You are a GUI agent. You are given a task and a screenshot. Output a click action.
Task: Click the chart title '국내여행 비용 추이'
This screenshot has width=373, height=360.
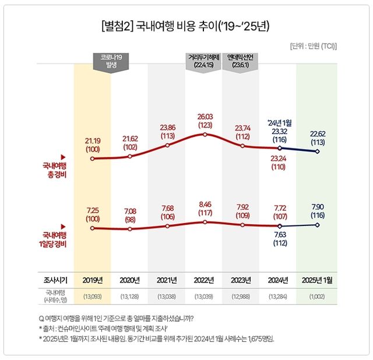coord(186,26)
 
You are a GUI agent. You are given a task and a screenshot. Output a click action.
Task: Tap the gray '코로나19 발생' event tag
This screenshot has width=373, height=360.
coord(110,61)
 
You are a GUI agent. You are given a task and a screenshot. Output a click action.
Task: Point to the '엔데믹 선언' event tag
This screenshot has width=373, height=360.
coord(241,61)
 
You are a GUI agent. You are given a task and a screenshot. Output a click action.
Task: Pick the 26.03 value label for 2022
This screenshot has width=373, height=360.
coord(205,121)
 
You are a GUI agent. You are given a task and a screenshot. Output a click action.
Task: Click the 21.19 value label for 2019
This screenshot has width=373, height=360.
coord(93,144)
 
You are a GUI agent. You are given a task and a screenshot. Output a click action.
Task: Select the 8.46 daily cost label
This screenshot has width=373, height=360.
coord(205,209)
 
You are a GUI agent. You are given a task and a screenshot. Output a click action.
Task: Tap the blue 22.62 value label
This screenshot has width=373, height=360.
coord(317,137)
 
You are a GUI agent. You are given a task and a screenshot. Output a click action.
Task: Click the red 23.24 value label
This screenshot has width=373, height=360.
coord(280,161)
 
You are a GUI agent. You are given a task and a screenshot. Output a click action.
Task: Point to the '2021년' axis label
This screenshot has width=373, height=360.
coord(167,279)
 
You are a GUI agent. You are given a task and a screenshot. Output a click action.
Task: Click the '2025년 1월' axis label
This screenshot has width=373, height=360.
coord(317,279)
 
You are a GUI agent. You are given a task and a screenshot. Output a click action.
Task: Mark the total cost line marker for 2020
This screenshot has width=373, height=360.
coord(130,156)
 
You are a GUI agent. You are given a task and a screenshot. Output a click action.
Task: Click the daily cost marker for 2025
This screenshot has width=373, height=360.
coord(317,225)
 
